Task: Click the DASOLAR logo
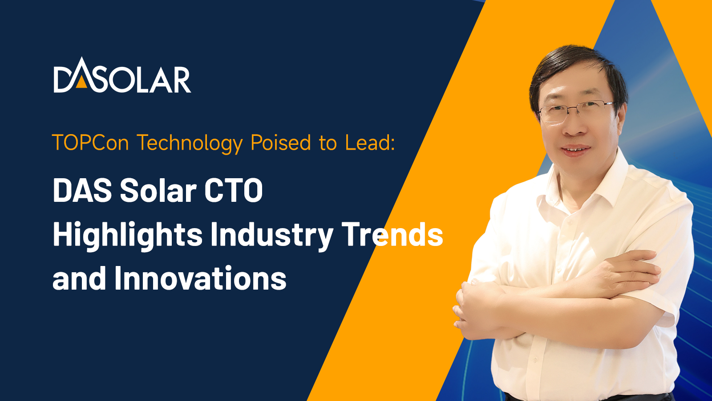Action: (x=122, y=75)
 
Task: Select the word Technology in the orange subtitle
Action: (x=190, y=143)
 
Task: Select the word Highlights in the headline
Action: (x=128, y=236)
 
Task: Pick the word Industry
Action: (x=272, y=236)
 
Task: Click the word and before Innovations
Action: (x=79, y=278)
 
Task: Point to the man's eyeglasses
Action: (x=576, y=111)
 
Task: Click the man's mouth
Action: (x=576, y=150)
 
